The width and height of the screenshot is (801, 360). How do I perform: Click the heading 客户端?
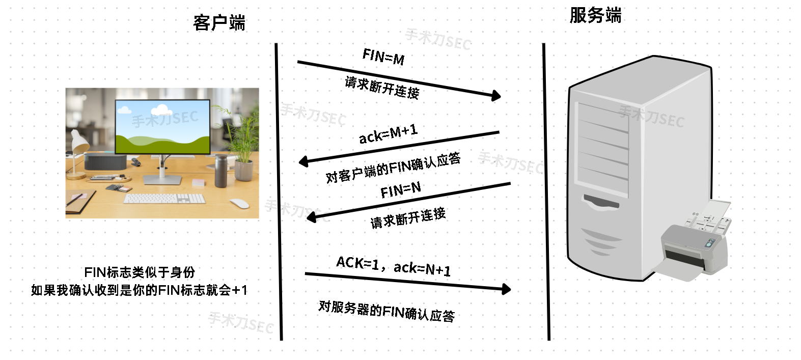pyautogui.click(x=219, y=23)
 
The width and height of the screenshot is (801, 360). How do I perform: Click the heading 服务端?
pyautogui.click(x=595, y=15)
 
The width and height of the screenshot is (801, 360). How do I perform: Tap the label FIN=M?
pyautogui.click(x=383, y=57)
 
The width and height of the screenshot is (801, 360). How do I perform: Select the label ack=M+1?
pyautogui.click(x=388, y=134)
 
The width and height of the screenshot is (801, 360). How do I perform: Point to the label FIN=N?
pyautogui.click(x=401, y=190)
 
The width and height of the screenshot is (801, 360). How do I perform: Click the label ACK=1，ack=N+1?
pyautogui.click(x=393, y=266)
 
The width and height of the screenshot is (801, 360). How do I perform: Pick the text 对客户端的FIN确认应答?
pyautogui.click(x=393, y=168)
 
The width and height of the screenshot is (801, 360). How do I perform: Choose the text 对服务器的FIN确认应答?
pyautogui.click(x=386, y=311)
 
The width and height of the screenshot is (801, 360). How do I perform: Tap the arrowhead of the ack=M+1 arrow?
pyautogui.click(x=303, y=162)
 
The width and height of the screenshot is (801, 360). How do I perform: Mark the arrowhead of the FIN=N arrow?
pyautogui.click(x=312, y=217)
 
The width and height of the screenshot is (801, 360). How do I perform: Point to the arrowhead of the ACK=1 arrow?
pyautogui.click(x=506, y=289)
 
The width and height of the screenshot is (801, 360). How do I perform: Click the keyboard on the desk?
pyautogui.click(x=164, y=198)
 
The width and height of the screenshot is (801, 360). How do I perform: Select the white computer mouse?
pyautogui.click(x=239, y=203)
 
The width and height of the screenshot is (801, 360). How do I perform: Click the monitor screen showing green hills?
pyautogui.click(x=162, y=127)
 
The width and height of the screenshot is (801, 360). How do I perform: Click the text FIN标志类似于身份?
pyautogui.click(x=140, y=272)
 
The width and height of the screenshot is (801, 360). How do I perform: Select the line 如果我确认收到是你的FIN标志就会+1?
pyautogui.click(x=139, y=290)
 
